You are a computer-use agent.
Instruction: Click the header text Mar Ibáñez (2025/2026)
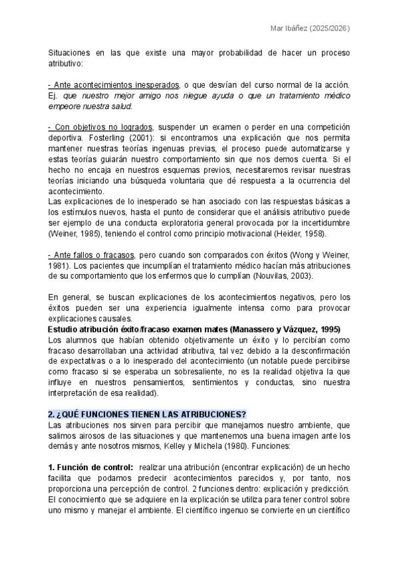pyautogui.click(x=311, y=29)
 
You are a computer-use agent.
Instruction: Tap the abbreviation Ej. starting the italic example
pyautogui.click(x=53, y=95)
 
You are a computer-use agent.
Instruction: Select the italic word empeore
pyautogui.click(x=66, y=106)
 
